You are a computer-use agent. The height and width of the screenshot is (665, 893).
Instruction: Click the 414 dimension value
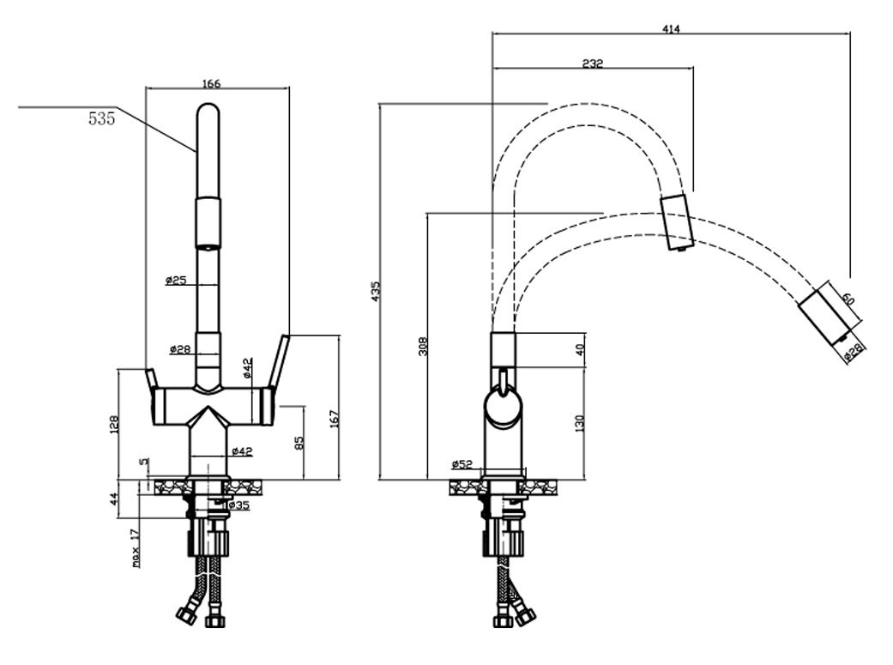[x=672, y=28]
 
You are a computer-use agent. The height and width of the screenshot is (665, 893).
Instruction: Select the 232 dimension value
[x=592, y=63]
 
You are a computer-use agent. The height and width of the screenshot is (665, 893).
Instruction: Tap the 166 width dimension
[x=211, y=84]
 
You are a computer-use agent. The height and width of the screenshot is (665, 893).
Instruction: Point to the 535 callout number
[x=102, y=118]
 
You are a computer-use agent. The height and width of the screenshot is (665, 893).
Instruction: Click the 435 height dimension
[x=375, y=291]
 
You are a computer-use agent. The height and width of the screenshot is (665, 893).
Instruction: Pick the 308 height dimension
[x=423, y=346]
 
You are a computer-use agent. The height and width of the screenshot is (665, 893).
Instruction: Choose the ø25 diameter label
[x=176, y=280]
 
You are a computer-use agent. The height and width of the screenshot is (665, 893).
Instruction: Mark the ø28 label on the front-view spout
[x=180, y=348]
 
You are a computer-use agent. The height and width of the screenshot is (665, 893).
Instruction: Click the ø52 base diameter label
[x=462, y=464]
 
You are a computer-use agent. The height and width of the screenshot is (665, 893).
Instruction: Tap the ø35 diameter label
[x=239, y=505]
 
